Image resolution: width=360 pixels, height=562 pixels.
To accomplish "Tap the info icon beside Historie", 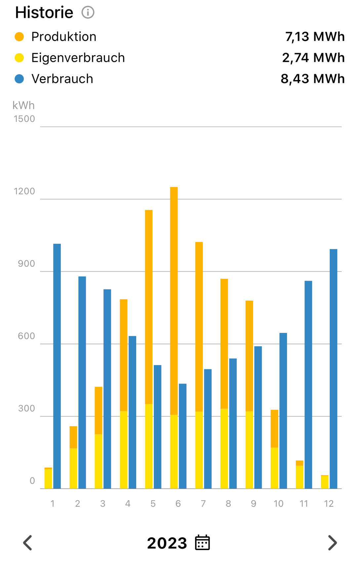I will pos(88,13).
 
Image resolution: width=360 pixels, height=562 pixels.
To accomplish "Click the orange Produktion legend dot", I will pos(20,37).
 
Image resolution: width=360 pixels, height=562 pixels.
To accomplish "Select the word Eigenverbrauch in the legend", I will pos(78,58).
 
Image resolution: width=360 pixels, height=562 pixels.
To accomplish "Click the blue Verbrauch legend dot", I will pos(20,79).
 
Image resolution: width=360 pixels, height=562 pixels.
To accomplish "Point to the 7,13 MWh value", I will pos(315,37).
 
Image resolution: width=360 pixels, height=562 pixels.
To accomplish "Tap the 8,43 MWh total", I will pos(312,79).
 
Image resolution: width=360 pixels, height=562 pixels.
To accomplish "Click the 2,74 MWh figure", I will pos(313,58).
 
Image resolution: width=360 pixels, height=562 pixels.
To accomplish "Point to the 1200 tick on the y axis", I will pos(24,191).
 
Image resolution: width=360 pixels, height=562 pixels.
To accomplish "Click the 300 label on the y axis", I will pos(26,409).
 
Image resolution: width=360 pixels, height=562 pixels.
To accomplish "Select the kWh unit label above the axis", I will pos(23,105).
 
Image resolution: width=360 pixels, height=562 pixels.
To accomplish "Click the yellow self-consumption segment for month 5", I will pos(149,446).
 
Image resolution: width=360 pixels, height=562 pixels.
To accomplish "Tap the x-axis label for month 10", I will pos(278,504).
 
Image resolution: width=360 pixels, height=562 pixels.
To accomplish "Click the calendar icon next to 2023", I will pos(202,542).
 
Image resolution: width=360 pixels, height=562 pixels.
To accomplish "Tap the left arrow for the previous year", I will pos(28,543).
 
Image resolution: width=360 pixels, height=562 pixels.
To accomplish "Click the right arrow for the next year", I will pos(332,543).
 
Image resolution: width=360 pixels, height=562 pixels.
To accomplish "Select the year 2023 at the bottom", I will pos(167,543).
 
